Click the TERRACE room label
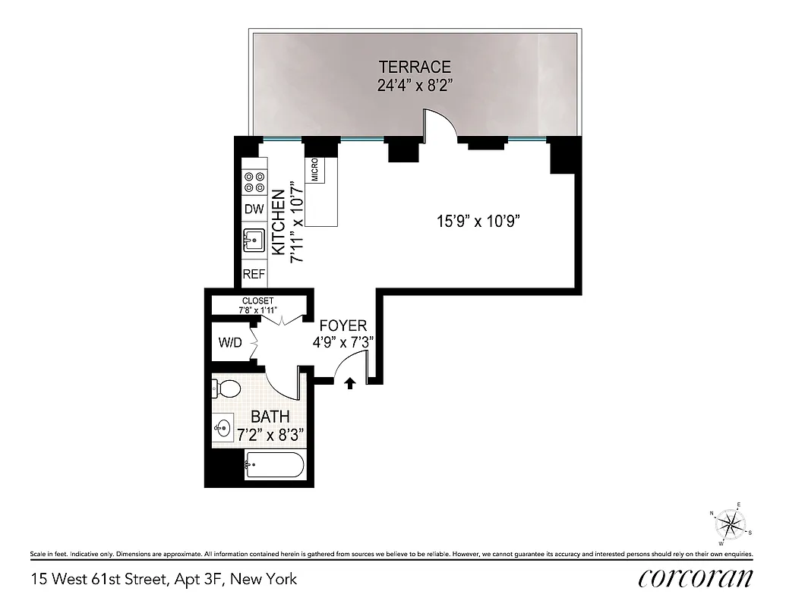pos(415,67)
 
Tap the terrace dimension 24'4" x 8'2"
pos(415,85)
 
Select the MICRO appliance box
pos(314,170)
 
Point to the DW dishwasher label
pos(251,209)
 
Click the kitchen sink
pos(252,241)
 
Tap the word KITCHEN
pos(278,222)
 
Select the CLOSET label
pos(257,301)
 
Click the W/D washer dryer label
pos(229,343)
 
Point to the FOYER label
pos(343,326)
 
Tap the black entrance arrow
pos(350,383)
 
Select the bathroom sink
pos(223,429)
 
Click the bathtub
pos(274,465)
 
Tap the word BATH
pos(270,417)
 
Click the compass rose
pos(731,524)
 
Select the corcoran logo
pos(696,578)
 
